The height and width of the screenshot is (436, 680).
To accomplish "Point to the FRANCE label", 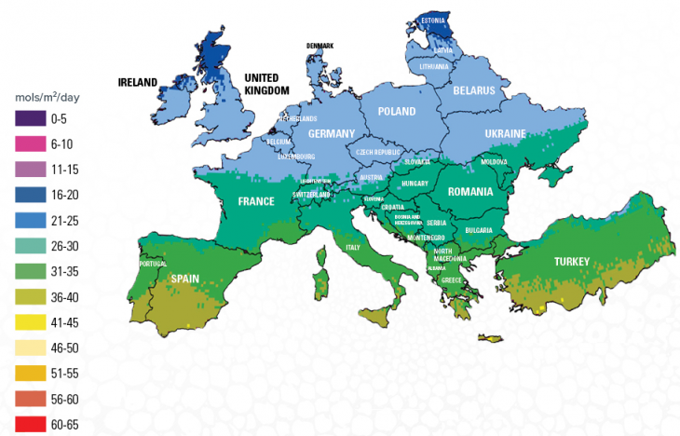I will click(x=256, y=201).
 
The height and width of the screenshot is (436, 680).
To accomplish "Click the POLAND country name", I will click(x=397, y=112).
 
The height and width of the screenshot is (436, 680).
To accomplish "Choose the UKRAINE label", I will click(x=506, y=134).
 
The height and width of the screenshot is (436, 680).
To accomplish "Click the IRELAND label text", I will click(x=137, y=82).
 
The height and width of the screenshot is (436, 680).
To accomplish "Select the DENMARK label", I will click(x=320, y=45).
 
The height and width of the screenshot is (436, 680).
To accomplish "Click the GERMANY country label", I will click(x=332, y=134).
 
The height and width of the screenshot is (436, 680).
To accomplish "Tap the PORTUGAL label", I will click(x=151, y=264).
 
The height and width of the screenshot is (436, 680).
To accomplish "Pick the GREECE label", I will click(x=452, y=279).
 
